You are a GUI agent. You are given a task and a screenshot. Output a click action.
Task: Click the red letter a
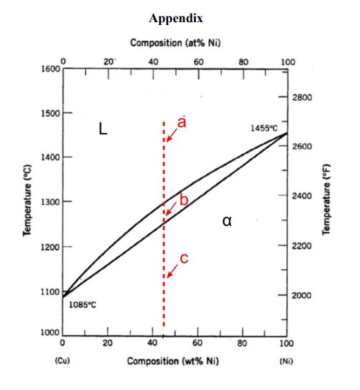182,123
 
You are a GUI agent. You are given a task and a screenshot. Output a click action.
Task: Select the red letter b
183,200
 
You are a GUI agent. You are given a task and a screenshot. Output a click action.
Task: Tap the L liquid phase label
103,130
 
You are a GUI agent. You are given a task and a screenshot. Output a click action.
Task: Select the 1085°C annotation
82,304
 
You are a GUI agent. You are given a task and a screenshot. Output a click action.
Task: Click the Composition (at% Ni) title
175,44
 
